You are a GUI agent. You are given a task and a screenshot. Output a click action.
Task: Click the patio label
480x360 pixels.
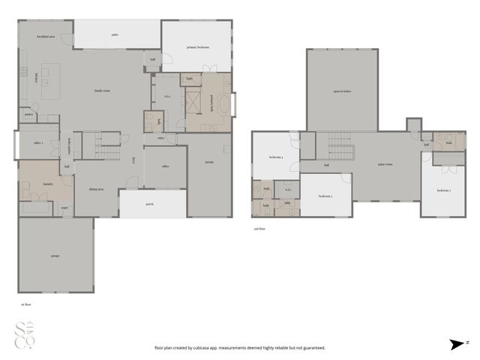[x=115, y=34]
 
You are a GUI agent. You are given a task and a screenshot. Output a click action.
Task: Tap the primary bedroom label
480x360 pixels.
[x=197, y=46]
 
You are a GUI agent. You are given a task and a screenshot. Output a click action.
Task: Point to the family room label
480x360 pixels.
[x=103, y=91]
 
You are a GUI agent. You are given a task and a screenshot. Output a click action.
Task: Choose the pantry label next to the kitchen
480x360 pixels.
[x=28, y=115]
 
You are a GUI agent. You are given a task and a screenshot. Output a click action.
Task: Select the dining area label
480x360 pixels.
[x=96, y=190]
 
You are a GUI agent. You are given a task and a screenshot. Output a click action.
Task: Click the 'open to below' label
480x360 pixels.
[x=341, y=90]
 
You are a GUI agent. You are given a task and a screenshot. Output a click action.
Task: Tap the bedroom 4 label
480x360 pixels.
[x=276, y=157]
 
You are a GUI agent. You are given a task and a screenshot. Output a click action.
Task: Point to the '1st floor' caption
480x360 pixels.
[x=26, y=304]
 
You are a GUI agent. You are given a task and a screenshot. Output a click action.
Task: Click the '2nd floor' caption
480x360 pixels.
[x=259, y=229]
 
